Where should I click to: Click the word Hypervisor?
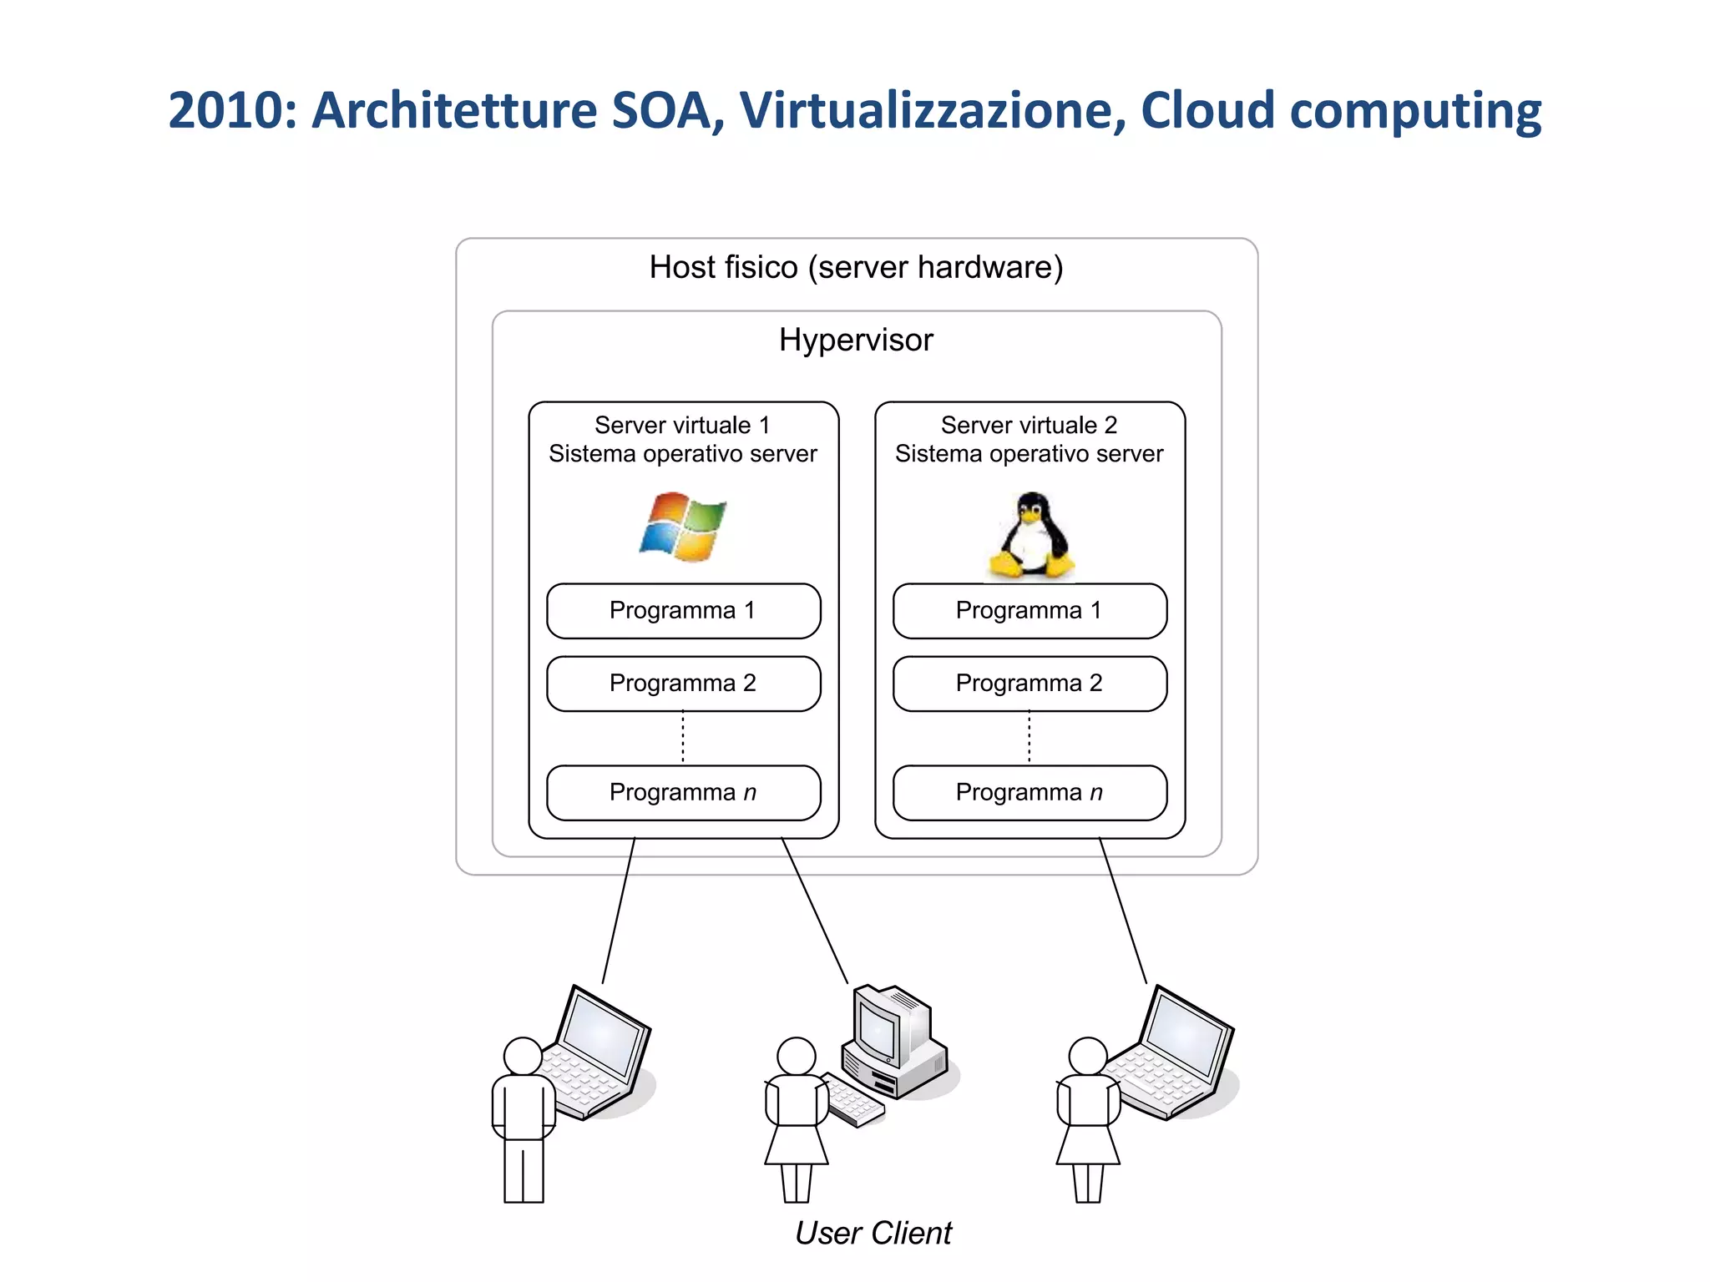pyautogui.click(x=856, y=341)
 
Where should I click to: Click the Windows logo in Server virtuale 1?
pyautogui.click(x=683, y=527)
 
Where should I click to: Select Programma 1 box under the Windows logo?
pyautogui.click(x=683, y=611)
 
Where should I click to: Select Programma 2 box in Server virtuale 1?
pyautogui.click(x=683, y=684)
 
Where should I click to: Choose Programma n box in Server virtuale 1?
pyautogui.click(x=683, y=793)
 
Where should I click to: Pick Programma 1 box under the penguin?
pyautogui.click(x=1030, y=611)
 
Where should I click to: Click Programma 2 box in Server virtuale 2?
pyautogui.click(x=1030, y=684)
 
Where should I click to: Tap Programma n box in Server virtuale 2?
pyautogui.click(x=1030, y=793)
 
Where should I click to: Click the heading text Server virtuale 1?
pyautogui.click(x=682, y=426)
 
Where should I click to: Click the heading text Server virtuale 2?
pyautogui.click(x=1029, y=426)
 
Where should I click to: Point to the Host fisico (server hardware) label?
pyautogui.click(x=856, y=268)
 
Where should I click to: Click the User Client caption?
pyautogui.click(x=873, y=1234)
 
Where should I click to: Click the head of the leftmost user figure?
pyautogui.click(x=524, y=1056)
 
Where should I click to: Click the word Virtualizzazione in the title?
pyautogui.click(x=933, y=110)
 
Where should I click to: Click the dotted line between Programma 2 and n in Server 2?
pyautogui.click(x=1030, y=738)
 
